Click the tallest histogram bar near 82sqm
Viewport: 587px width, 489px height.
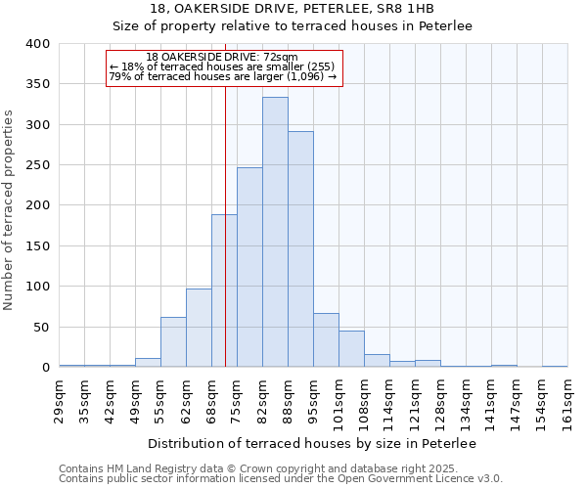click(x=275, y=232)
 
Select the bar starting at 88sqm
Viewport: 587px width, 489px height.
click(x=300, y=249)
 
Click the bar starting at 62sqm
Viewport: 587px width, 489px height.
click(x=199, y=328)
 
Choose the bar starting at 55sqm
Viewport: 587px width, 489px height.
click(x=173, y=342)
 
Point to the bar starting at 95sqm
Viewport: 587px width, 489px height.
click(x=326, y=340)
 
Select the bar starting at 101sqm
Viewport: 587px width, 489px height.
click(x=351, y=349)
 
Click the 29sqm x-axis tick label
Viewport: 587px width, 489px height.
click(x=60, y=399)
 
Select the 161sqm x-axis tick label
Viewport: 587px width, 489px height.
click(x=567, y=399)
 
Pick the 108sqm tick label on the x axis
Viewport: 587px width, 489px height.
click(x=364, y=399)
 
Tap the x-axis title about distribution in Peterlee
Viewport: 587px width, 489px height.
click(x=313, y=444)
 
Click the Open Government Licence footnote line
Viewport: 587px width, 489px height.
click(x=281, y=479)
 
